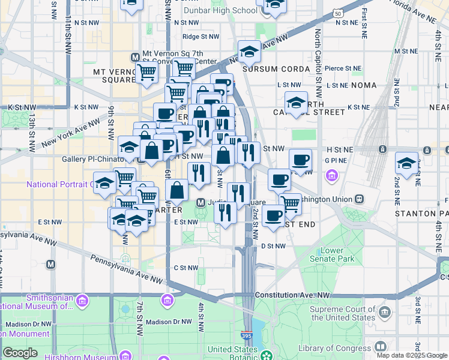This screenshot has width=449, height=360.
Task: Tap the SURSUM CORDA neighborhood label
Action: pos(276,69)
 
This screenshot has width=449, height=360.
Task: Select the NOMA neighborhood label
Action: pos(363,85)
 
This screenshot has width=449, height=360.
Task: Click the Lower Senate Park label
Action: pos(340,254)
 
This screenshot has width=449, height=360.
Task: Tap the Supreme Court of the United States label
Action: pos(342,314)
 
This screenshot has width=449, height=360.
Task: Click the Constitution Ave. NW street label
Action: pos(292,295)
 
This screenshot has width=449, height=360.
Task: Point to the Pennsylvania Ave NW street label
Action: pos(126,269)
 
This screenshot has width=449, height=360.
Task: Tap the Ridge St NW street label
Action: pos(200,37)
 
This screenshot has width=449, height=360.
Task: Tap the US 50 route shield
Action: pos(339,13)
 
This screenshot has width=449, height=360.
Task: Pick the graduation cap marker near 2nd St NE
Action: pos(406,163)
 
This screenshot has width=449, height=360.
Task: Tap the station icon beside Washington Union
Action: pos(359,199)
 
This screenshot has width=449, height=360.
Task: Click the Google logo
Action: pos(20,353)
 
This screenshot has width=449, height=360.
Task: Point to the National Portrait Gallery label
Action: pos(59,184)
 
